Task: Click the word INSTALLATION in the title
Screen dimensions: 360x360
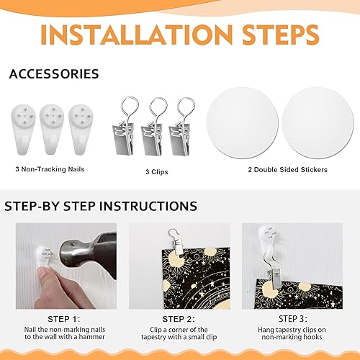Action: [137, 35]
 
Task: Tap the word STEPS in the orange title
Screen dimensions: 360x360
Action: [281, 35]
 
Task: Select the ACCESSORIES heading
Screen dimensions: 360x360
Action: [54, 73]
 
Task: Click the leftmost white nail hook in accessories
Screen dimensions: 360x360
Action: [23, 129]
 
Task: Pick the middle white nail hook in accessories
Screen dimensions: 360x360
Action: [52, 129]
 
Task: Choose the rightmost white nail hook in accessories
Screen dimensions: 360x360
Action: [81, 129]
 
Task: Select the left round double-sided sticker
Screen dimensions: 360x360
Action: [243, 123]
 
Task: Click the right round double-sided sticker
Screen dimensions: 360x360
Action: [318, 123]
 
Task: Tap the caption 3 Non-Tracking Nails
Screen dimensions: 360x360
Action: [50, 169]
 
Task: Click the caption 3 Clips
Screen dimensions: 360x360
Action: [157, 172]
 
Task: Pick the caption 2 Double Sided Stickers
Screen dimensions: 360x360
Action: [288, 170]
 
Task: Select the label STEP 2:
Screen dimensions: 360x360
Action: [179, 319]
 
